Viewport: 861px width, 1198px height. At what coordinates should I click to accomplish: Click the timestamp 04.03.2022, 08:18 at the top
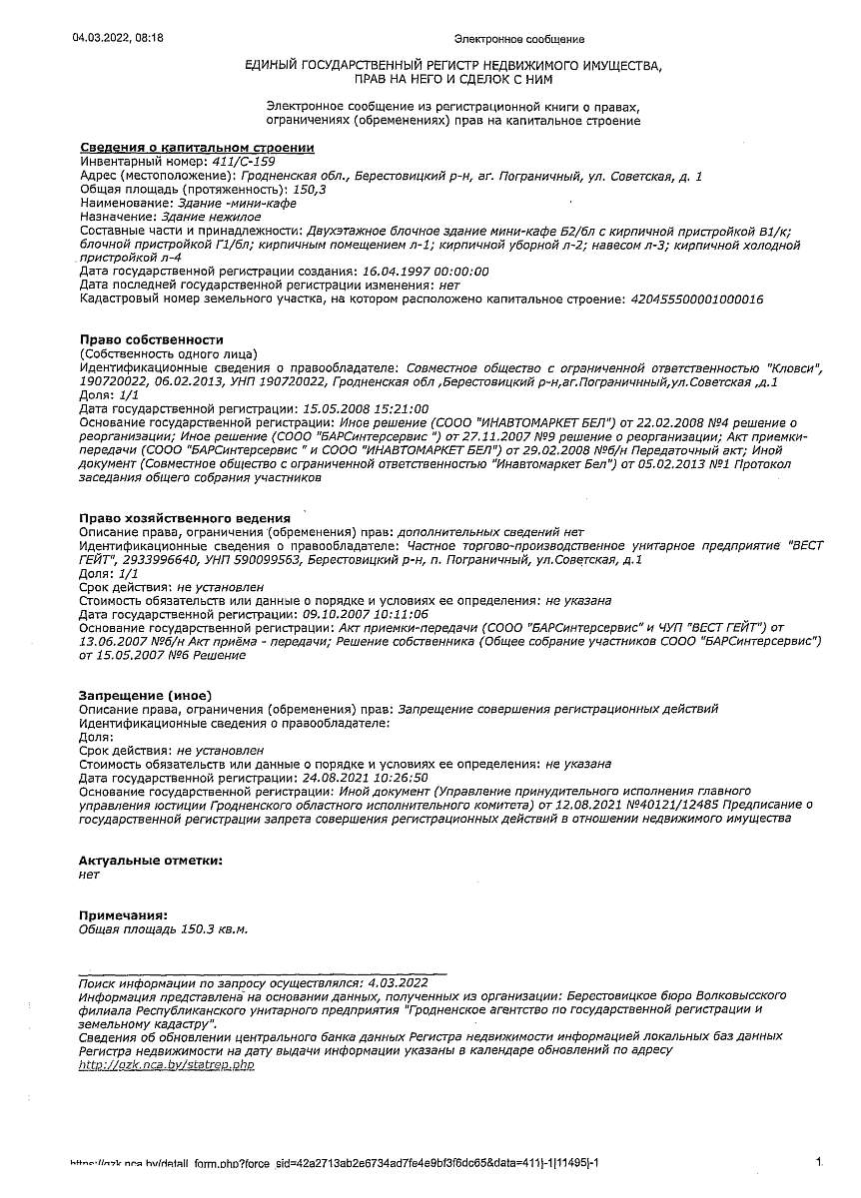(118, 38)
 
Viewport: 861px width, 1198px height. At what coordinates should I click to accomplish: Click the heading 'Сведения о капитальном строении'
(197, 148)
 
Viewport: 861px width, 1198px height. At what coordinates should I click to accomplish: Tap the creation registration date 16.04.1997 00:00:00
(425, 272)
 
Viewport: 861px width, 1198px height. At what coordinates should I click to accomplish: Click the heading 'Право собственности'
(151, 340)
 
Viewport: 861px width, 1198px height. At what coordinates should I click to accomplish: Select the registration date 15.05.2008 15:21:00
(365, 409)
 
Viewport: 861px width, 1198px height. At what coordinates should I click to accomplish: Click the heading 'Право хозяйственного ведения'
(185, 518)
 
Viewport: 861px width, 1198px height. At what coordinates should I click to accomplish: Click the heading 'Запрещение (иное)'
(145, 695)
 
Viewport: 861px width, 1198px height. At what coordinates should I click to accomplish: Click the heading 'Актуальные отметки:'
(150, 860)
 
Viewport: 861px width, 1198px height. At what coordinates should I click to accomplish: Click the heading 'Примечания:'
(123, 914)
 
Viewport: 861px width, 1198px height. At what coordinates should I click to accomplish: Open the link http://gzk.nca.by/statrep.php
(166, 1065)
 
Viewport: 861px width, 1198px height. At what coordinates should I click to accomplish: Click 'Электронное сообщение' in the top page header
(518, 39)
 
